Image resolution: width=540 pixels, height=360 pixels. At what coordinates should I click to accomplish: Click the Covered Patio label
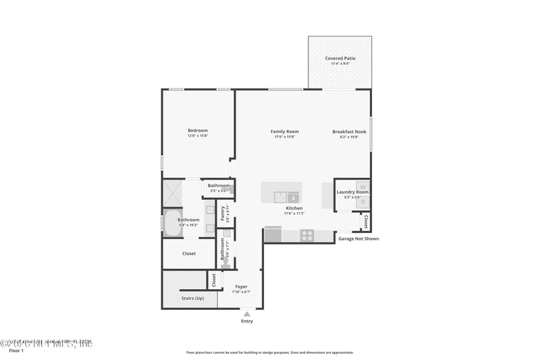tap(340, 59)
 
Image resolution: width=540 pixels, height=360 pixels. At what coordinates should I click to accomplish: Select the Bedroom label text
tap(198, 130)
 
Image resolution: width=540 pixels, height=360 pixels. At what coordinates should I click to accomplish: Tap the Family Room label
tap(284, 132)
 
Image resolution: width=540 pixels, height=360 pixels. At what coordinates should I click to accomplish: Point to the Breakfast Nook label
tap(350, 132)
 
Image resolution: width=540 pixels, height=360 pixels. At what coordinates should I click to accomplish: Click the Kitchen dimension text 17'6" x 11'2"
tap(294, 213)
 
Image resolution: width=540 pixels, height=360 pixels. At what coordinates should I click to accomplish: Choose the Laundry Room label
tap(352, 192)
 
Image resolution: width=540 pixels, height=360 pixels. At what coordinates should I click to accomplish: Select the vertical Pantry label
tap(223, 213)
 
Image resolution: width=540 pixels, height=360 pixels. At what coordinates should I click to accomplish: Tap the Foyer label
tap(241, 286)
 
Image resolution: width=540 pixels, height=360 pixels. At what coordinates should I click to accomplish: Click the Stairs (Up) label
tap(192, 298)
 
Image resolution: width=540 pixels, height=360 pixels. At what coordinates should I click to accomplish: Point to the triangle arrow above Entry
tap(247, 314)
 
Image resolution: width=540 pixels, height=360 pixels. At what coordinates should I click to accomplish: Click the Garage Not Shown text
tap(358, 238)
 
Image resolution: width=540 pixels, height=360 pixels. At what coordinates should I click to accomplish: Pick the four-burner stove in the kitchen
tap(307, 236)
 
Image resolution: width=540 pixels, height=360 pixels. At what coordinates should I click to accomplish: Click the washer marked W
tap(362, 186)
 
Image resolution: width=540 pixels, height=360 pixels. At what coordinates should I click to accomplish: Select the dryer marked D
tap(362, 201)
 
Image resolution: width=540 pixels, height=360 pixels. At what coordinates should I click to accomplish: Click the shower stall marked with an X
tap(171, 193)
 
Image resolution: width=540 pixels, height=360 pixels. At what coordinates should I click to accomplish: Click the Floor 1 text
tap(16, 351)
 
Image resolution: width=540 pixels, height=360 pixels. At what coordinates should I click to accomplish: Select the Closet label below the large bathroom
tap(189, 254)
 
